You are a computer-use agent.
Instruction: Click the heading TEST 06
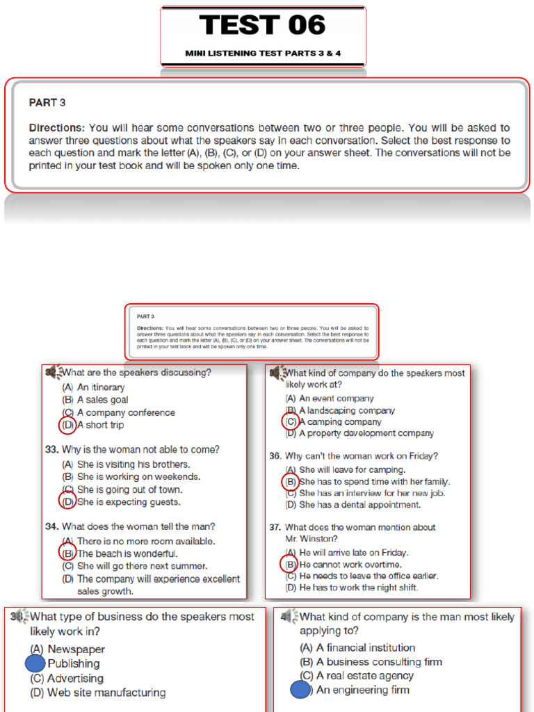[x=263, y=26]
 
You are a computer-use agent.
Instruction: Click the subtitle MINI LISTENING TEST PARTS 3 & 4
[x=263, y=53]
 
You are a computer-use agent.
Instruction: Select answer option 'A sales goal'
[x=102, y=400]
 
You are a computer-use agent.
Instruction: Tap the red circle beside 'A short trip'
[x=67, y=425]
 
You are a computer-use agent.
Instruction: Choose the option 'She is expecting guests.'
[x=129, y=502]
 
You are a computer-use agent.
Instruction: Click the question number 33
[x=51, y=450]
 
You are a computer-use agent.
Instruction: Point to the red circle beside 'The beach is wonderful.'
[x=67, y=553]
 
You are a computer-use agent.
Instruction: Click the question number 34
[x=51, y=526]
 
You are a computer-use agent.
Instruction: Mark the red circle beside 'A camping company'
[x=290, y=421]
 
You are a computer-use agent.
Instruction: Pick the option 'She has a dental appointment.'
[x=359, y=505]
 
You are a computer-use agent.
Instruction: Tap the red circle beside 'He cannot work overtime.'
[x=289, y=565]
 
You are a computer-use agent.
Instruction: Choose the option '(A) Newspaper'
[x=67, y=649]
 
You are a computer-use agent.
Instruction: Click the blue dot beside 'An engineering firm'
[x=300, y=690]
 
